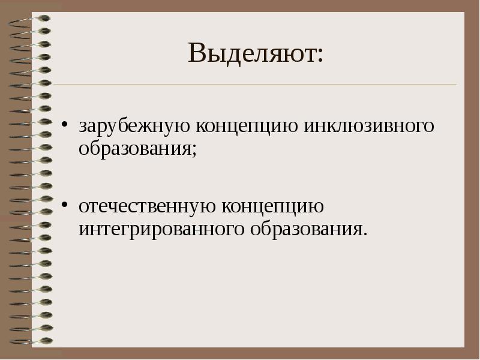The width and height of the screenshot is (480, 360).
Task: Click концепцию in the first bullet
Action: click(x=244, y=128)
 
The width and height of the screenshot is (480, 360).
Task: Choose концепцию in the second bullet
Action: click(x=274, y=208)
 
